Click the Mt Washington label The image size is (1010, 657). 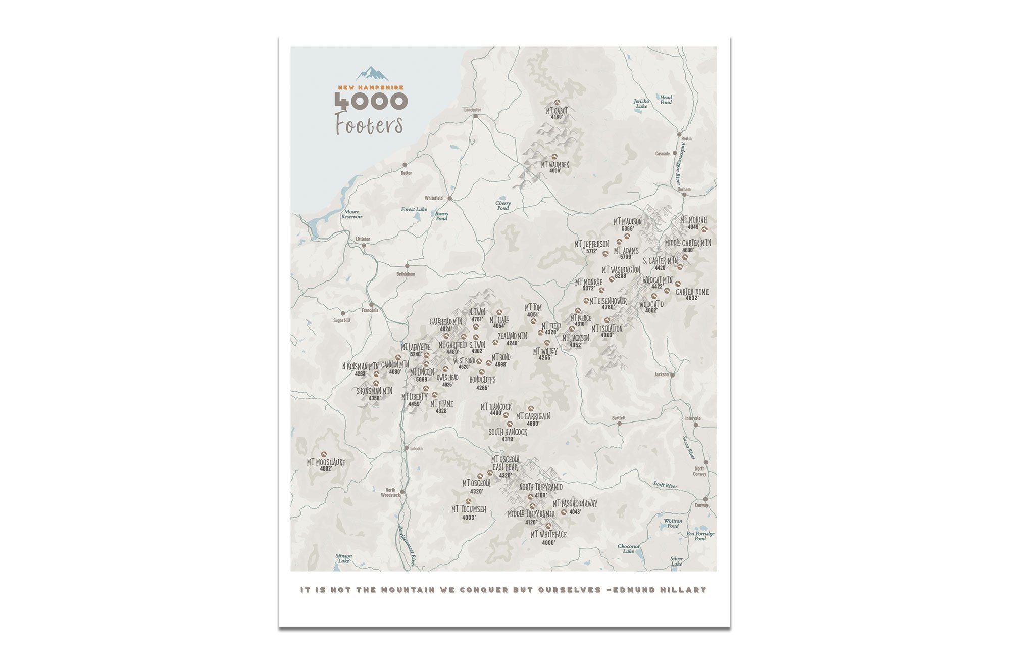621,270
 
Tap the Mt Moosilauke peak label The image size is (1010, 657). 326,462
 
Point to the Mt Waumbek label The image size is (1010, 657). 555,165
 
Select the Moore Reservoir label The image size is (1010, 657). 351,214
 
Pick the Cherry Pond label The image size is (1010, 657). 502,205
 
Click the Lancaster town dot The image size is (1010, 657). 475,116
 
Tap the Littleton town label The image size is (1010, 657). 363,239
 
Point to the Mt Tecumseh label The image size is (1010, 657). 469,509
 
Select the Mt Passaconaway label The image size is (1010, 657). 575,503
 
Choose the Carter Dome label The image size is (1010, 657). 692,292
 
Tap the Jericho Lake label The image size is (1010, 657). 641,104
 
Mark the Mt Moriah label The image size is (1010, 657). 693,220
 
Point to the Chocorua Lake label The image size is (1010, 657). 628,548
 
